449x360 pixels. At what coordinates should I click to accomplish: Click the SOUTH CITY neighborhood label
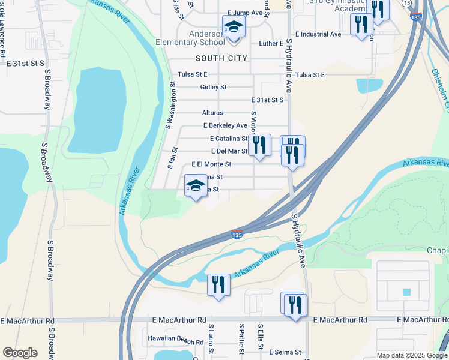pyautogui.click(x=221, y=58)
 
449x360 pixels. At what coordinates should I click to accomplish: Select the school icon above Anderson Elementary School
pyautogui.click(x=233, y=27)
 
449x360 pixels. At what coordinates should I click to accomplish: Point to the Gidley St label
pyautogui.click(x=213, y=87)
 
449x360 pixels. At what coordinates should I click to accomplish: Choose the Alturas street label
pyautogui.click(x=212, y=113)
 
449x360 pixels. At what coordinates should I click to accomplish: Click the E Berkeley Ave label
pyautogui.click(x=225, y=125)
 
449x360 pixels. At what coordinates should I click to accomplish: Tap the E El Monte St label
pyautogui.click(x=211, y=164)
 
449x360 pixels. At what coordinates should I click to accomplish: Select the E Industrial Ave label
pyautogui.click(x=318, y=34)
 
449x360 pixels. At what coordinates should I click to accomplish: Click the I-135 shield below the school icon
pyautogui.click(x=237, y=235)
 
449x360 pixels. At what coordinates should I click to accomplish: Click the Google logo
pyautogui.click(x=20, y=353)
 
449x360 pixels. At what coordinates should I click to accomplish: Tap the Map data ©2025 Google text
pyautogui.click(x=411, y=355)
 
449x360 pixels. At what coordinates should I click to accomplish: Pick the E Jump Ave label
pyautogui.click(x=246, y=13)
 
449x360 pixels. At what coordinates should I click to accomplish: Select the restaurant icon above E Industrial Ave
pyautogui.click(x=360, y=25)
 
